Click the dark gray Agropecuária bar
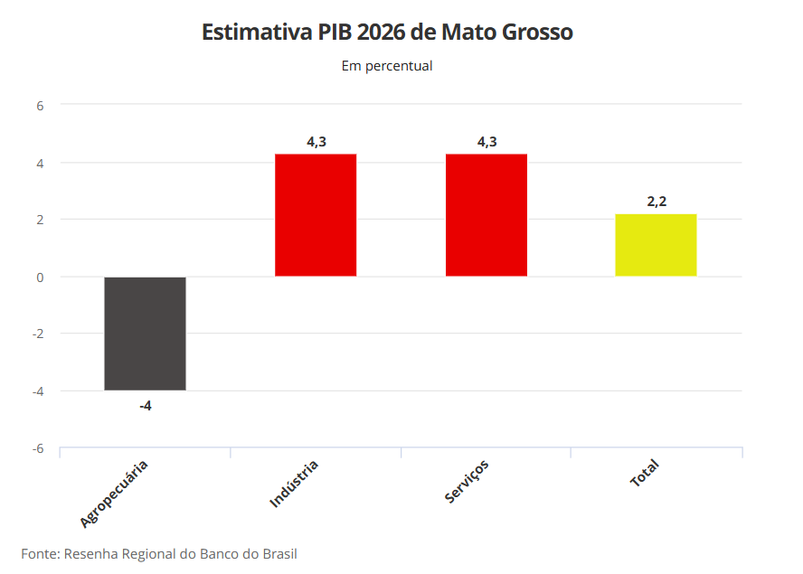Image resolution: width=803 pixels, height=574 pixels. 145,334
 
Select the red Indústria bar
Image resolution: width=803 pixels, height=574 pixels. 316,215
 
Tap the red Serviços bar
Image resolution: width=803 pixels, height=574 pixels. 486,215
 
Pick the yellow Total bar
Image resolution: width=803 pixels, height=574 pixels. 656,245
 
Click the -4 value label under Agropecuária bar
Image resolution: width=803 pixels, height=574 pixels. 145,406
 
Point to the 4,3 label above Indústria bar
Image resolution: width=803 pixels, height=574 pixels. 316,142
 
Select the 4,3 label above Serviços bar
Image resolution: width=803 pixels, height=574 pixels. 487,142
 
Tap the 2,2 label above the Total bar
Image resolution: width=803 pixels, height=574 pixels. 657,202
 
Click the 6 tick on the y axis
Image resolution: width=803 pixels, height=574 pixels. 40,105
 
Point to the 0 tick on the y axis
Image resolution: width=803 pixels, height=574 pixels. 40,277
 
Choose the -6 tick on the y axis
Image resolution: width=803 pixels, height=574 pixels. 38,448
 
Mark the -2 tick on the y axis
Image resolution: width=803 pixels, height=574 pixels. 38,334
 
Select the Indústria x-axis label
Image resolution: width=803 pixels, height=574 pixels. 294,484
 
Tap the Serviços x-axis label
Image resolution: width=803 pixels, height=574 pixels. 467,482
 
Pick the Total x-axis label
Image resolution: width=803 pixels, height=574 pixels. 645,474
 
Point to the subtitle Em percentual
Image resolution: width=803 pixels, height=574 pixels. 387,66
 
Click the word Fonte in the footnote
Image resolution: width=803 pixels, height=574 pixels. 40,553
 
